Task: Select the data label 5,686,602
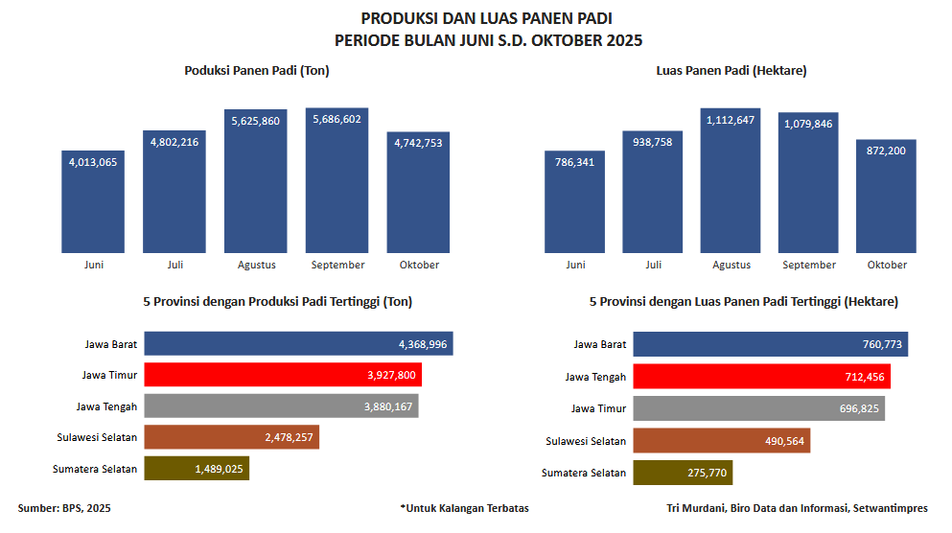(337, 120)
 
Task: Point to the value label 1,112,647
(731, 120)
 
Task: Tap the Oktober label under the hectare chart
(887, 265)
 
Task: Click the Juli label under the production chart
(174, 265)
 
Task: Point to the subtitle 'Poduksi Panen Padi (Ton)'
(257, 71)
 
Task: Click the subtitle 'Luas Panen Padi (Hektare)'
(731, 71)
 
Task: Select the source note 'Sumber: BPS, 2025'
(64, 508)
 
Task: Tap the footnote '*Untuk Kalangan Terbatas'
(464, 508)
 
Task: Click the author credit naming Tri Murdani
(797, 508)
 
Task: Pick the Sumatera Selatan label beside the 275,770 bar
(584, 473)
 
